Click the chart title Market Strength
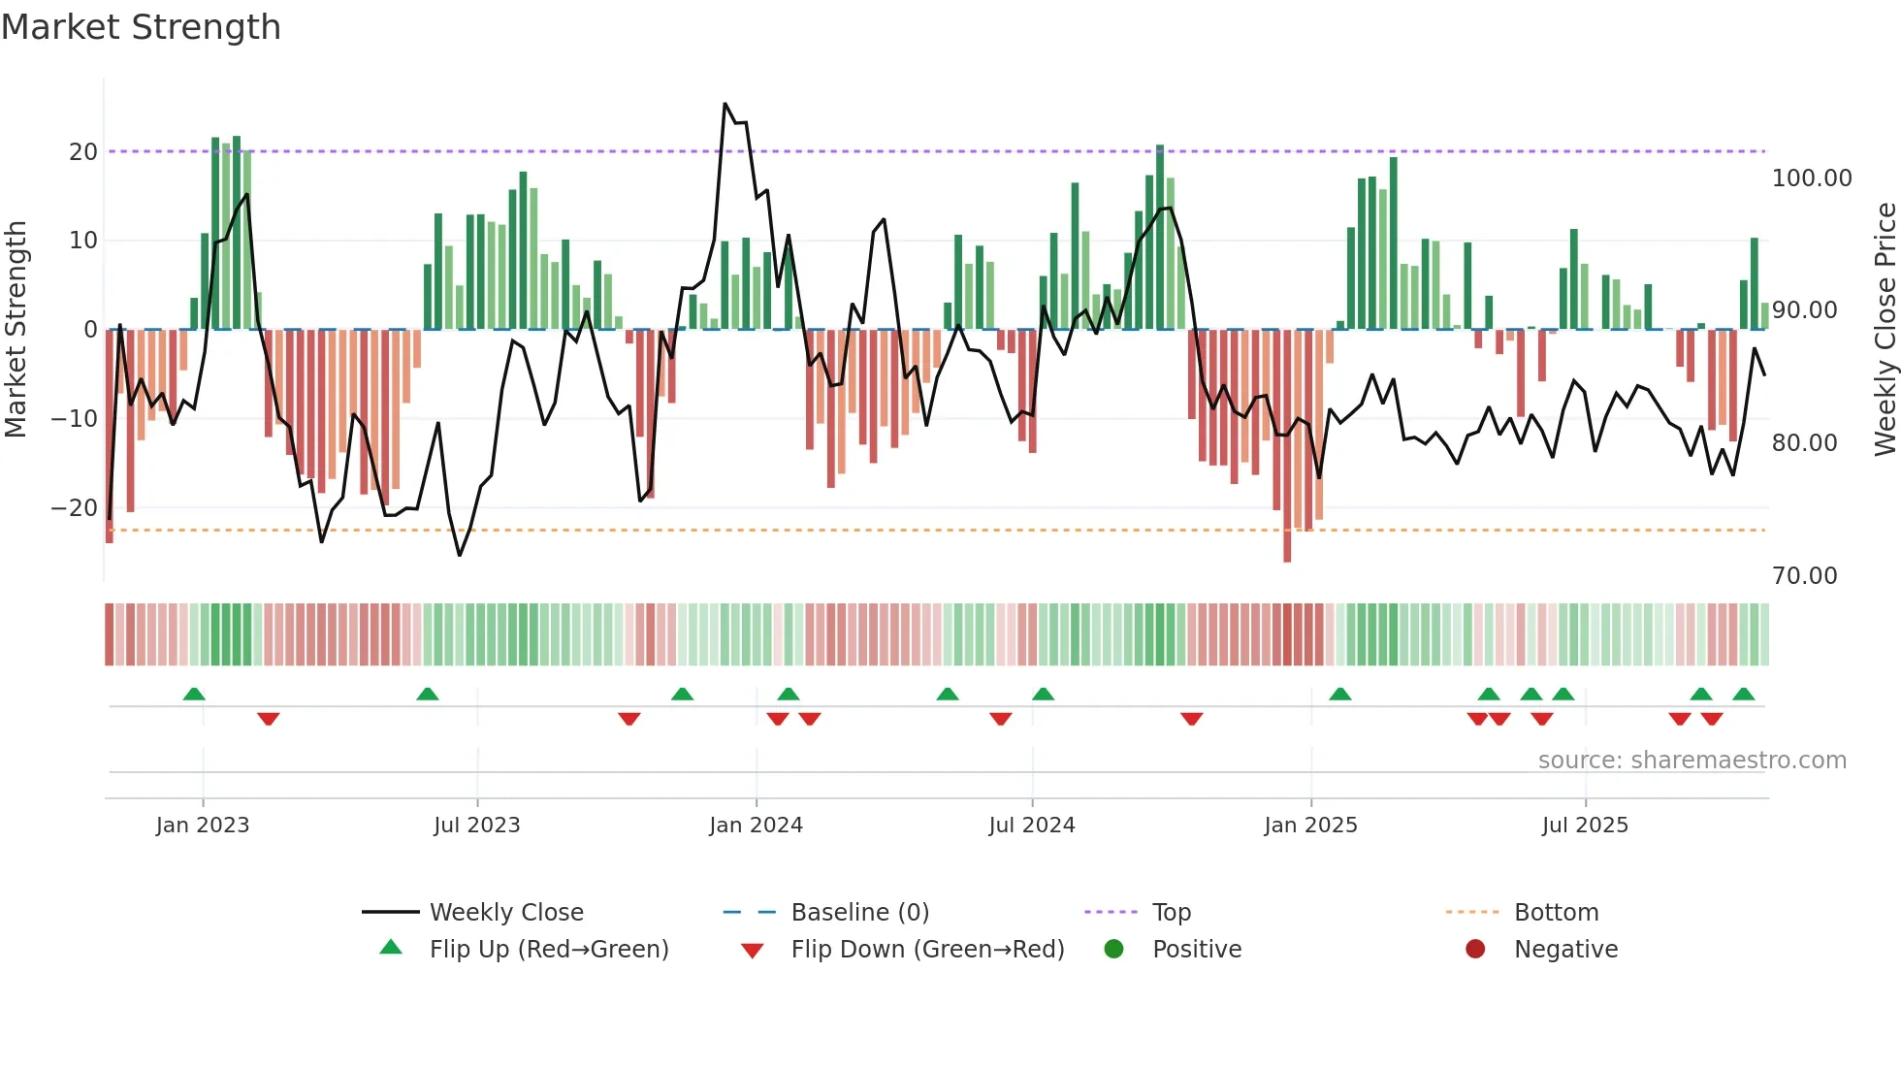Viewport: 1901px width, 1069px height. pos(141,27)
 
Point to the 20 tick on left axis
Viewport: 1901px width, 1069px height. pos(83,152)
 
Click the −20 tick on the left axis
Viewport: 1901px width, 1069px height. pos(75,508)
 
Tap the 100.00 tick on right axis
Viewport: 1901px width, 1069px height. pos(1811,178)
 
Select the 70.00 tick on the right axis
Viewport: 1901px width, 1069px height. pos(1804,576)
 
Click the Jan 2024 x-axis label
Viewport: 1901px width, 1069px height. pos(756,826)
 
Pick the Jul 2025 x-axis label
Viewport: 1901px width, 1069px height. pos(1585,826)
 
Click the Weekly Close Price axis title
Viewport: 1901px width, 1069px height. pos(1885,330)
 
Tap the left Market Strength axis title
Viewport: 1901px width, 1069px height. pos(16,330)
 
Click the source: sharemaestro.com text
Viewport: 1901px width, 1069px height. pos(1692,761)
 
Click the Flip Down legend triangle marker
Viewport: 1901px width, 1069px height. pos(752,951)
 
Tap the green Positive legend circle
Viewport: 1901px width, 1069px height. pos(1113,950)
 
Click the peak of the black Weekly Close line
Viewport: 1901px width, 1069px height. pos(725,104)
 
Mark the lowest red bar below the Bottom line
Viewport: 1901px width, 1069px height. pos(1287,557)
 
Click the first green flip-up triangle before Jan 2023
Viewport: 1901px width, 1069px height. pos(194,694)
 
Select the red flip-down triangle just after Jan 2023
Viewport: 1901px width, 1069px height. pos(269,719)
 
